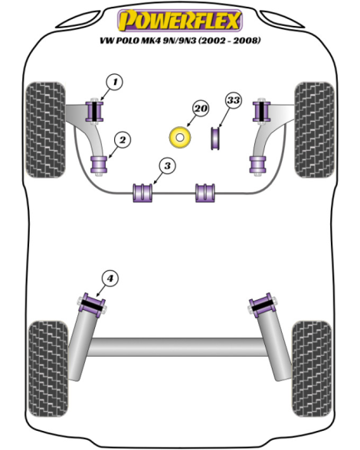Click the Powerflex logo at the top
180,20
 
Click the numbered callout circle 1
115,83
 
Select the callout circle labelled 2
123,140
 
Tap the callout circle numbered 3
168,166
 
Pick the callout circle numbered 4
110,279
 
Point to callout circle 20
201,109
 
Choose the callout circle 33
234,100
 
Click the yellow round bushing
180,138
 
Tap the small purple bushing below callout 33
215,139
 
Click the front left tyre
46,130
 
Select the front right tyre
315,130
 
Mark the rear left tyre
48,369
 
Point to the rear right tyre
312,369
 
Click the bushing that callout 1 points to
94,112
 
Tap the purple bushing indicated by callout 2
99,165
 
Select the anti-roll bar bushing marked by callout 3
142,193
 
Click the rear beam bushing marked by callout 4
92,305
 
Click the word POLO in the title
127,41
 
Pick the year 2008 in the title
244,41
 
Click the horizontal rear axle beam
177,347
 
